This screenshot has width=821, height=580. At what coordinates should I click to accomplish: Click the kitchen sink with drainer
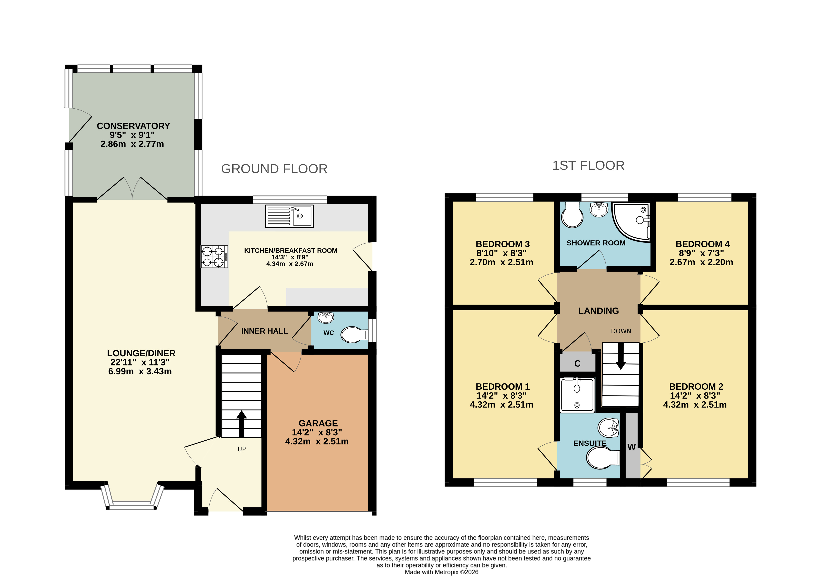pyautogui.click(x=289, y=216)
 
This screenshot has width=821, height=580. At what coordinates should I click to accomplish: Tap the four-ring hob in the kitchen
pyautogui.click(x=214, y=257)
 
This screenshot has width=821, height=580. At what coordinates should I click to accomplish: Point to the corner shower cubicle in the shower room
pyautogui.click(x=631, y=222)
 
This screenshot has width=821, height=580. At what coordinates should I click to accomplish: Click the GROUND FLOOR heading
pyautogui.click(x=274, y=169)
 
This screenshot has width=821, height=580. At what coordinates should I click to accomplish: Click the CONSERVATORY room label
pyautogui.click(x=133, y=126)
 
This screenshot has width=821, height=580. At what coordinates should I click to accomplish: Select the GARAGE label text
pyautogui.click(x=318, y=423)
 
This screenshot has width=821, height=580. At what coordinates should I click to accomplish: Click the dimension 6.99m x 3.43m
pyautogui.click(x=140, y=371)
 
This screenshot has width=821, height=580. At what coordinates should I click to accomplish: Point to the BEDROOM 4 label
pyautogui.click(x=703, y=244)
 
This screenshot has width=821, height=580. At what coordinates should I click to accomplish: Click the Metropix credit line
pyautogui.click(x=442, y=572)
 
